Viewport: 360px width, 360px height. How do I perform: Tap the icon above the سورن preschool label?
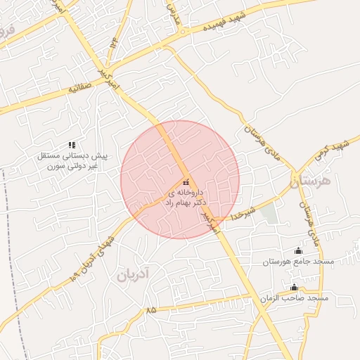click(x=72, y=145)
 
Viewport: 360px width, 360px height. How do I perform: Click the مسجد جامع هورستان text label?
click(x=297, y=262)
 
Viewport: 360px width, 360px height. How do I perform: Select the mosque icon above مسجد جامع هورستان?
click(x=298, y=251)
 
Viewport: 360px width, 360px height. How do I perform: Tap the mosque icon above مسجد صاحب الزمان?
click(x=294, y=287)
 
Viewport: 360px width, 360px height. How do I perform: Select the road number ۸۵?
click(x=151, y=309)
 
